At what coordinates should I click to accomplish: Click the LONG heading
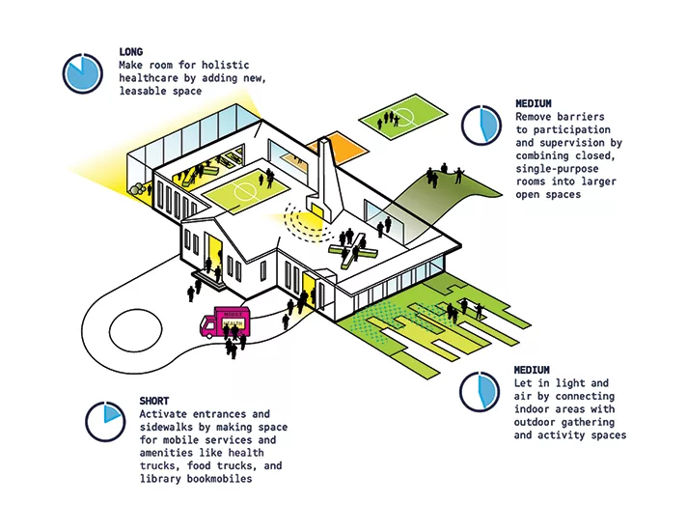tap(130, 52)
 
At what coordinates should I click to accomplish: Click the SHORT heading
tap(154, 401)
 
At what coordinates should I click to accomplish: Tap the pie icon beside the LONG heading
tap(83, 73)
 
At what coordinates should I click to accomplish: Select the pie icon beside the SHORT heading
tap(105, 422)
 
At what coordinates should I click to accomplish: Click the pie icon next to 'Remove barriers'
tap(481, 125)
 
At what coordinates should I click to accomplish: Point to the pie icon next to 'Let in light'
tap(480, 392)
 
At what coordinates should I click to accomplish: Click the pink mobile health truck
tap(225, 322)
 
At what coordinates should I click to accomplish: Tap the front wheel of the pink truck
tap(209, 333)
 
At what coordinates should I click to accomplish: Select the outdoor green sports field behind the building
tap(403, 116)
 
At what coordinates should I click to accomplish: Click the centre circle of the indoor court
tap(242, 191)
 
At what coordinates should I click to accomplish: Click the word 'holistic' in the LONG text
tap(225, 65)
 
